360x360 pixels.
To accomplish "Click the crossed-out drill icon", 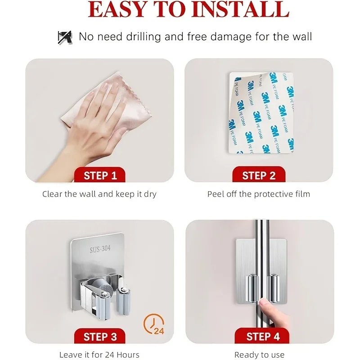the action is click(65, 37).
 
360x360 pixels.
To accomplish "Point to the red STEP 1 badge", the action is click(99, 175).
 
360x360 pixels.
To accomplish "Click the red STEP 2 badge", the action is click(259, 175).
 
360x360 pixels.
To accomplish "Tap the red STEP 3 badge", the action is click(99, 336).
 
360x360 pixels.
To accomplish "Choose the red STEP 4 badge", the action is click(262, 336).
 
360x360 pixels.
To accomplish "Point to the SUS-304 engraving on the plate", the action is click(100, 249).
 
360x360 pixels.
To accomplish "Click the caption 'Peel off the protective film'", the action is click(259, 194).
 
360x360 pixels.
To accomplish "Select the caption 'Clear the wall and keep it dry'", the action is click(99, 194).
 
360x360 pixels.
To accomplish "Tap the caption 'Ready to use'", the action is click(259, 355).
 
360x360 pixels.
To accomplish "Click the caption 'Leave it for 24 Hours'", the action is click(99, 355).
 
